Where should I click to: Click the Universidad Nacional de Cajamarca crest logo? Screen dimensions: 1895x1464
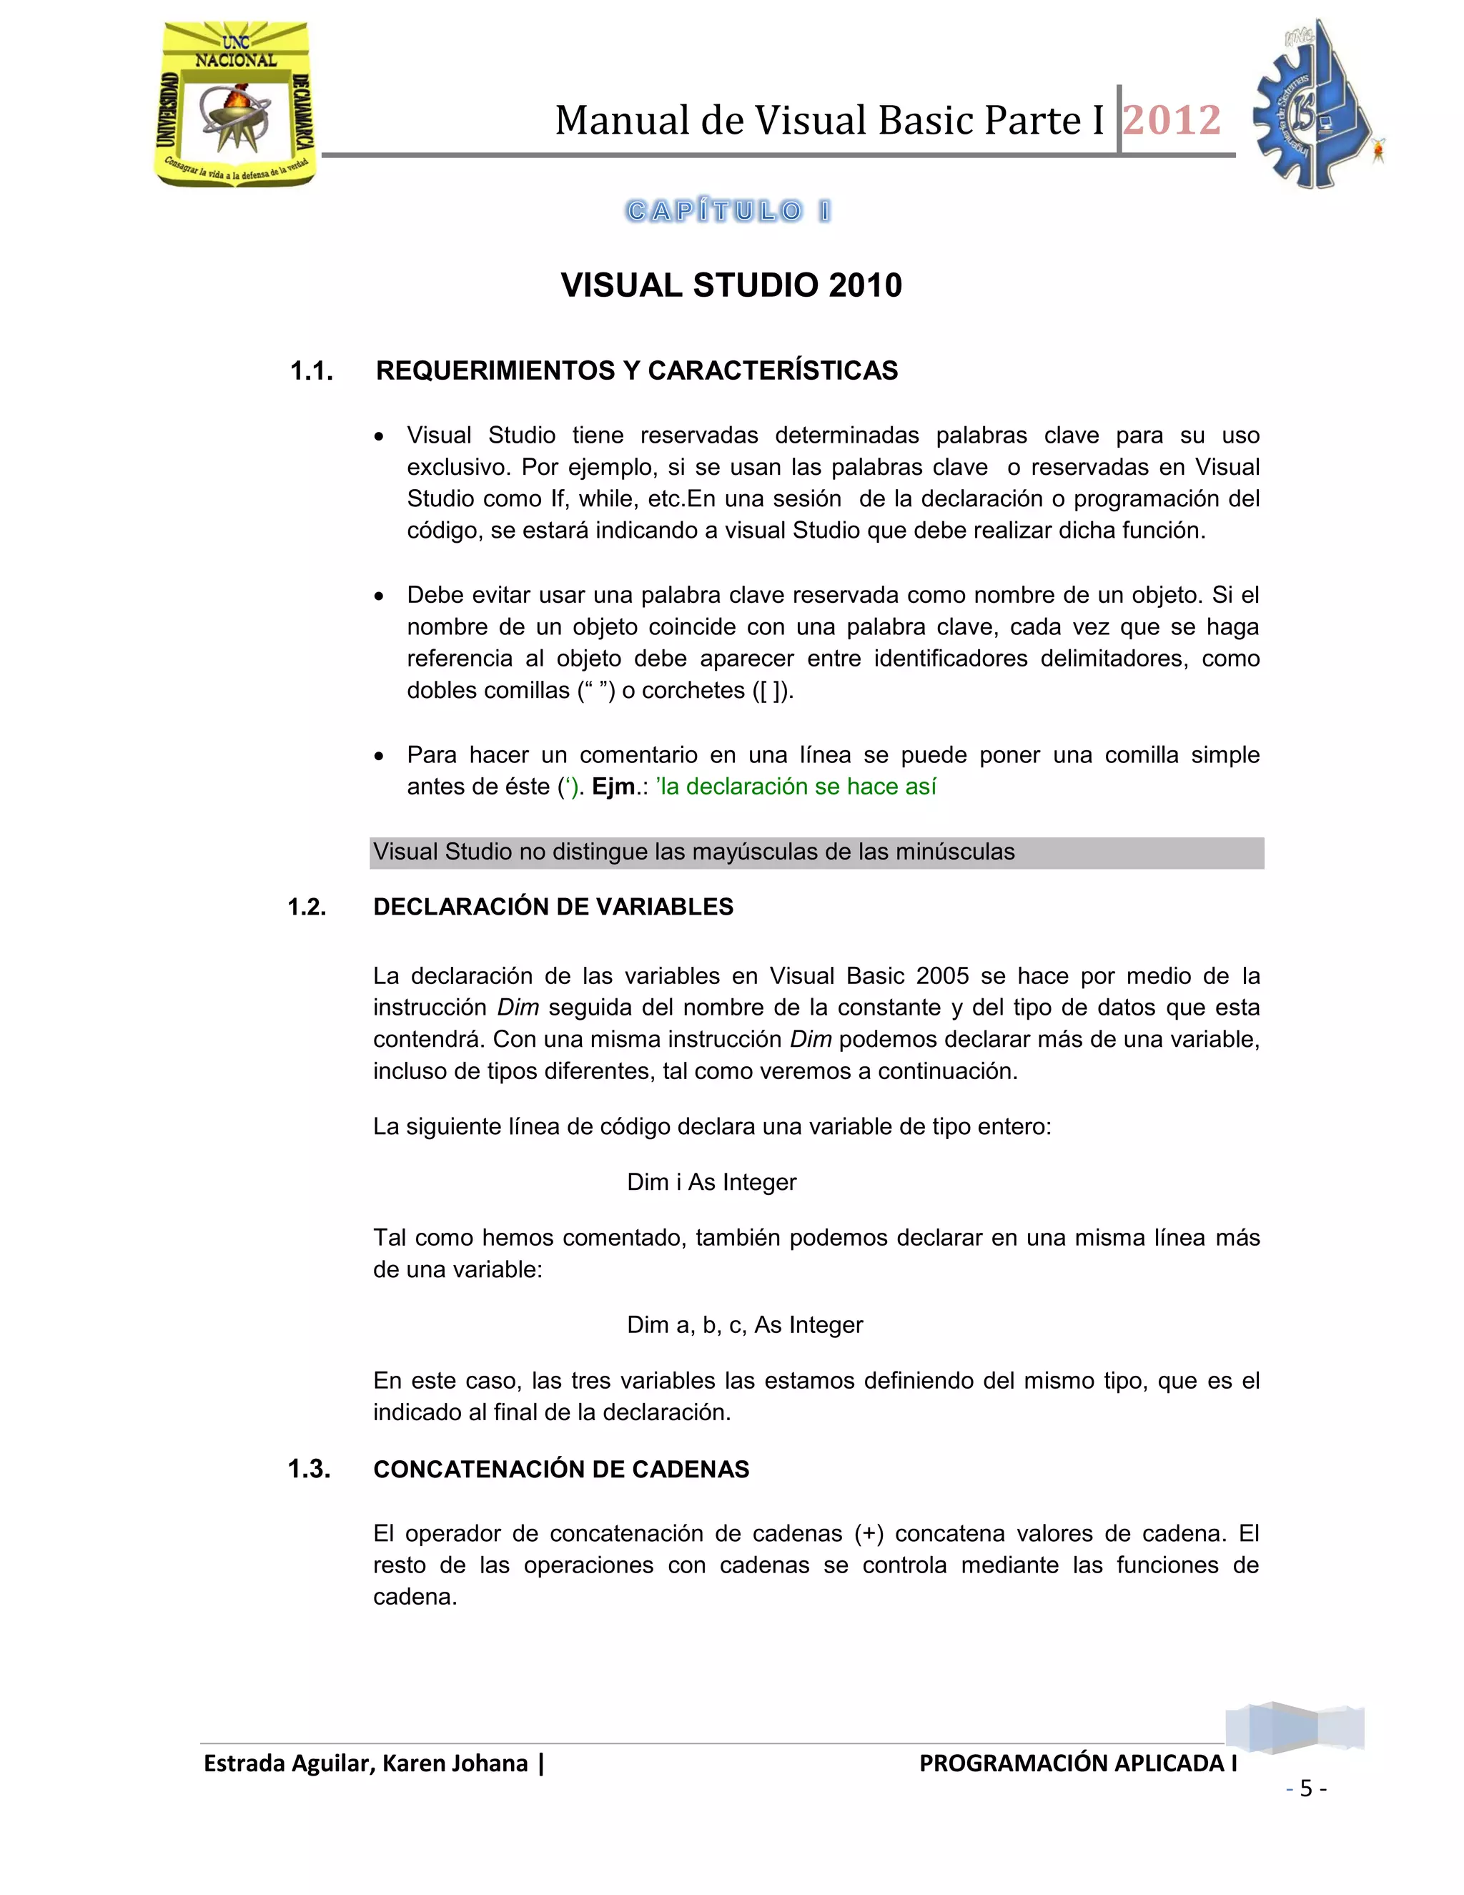[235, 104]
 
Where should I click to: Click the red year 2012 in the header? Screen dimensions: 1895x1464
[1172, 121]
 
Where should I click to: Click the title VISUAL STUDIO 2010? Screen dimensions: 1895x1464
[731, 285]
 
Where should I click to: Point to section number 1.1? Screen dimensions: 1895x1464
[312, 371]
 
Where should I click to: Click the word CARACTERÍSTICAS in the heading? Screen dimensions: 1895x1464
[773, 371]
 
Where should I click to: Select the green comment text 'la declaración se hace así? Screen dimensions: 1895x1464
[796, 787]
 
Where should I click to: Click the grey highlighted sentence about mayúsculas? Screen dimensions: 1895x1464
[694, 852]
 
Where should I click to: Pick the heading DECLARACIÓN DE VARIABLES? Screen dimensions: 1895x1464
[553, 907]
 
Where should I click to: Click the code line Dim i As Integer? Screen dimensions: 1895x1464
[711, 1183]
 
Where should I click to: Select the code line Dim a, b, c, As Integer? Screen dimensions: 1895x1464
[744, 1325]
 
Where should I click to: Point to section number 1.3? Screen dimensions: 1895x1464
[309, 1469]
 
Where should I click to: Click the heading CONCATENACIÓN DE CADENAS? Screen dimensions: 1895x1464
[561, 1470]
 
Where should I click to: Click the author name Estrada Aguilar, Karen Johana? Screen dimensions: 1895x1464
[365, 1764]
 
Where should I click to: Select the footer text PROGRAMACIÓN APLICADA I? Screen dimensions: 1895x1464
[1077, 1764]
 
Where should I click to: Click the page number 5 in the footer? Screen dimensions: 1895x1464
[1306, 1788]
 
